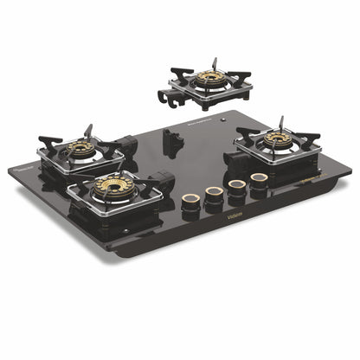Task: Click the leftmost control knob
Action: tap(190, 201)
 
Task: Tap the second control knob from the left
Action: tap(213, 193)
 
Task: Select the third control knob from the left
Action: tap(235, 186)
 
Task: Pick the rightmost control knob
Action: tap(257, 180)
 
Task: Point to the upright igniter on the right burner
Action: tap(282, 123)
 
